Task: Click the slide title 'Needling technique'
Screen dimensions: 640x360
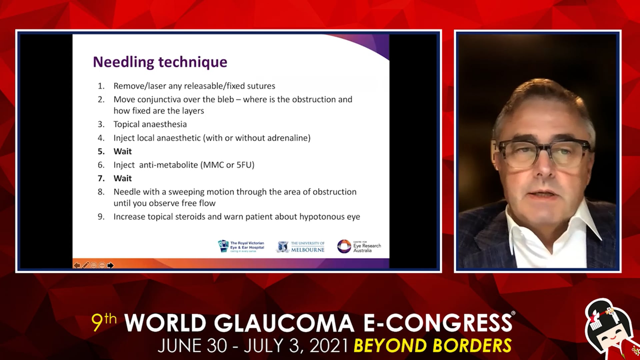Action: tap(160, 62)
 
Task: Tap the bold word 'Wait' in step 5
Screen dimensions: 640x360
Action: tap(123, 151)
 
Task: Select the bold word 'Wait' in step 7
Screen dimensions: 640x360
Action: tap(123, 178)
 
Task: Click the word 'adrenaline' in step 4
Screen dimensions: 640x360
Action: tap(287, 138)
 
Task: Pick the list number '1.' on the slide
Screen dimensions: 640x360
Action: tap(101, 86)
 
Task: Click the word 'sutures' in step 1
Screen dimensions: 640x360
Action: tap(261, 86)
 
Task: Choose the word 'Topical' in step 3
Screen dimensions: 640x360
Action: tap(126, 125)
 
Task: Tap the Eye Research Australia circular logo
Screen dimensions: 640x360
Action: tap(344, 246)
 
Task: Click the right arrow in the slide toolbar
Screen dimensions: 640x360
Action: tap(110, 265)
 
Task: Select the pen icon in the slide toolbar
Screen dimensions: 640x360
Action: tap(86, 265)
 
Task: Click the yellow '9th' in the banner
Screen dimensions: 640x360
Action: tap(104, 322)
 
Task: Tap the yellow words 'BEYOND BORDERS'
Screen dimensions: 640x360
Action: tap(433, 346)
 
